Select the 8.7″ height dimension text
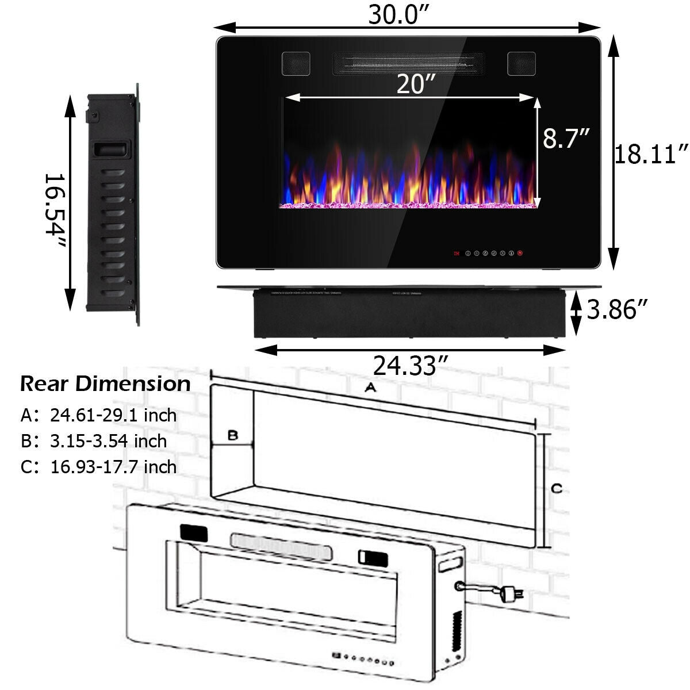click(566, 138)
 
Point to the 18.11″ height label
click(651, 154)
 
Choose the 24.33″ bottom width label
click(411, 365)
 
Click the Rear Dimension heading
click(105, 384)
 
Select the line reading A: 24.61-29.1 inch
click(98, 415)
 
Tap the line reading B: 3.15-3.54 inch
click(94, 441)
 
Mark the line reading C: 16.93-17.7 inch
click(98, 466)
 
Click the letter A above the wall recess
click(371, 388)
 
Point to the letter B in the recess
click(232, 435)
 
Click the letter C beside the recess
click(556, 489)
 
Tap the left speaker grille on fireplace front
click(296, 63)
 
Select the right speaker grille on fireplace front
click(521, 63)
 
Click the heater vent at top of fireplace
click(408, 63)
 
